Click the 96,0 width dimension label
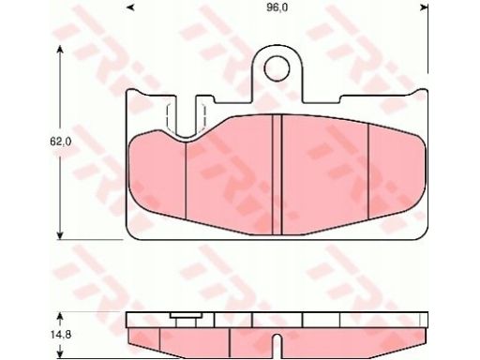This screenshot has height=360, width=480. click(277, 8)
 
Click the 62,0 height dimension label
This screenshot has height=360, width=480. click(60, 142)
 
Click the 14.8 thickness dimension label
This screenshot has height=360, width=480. click(61, 335)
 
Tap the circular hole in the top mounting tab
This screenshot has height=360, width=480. click(277, 68)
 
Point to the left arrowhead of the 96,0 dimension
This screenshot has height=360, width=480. click(131, 8)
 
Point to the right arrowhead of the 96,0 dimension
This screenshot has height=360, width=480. click(424, 8)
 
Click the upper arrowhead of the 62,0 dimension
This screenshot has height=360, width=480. click(60, 49)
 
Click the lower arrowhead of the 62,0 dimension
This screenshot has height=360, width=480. click(60, 235)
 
